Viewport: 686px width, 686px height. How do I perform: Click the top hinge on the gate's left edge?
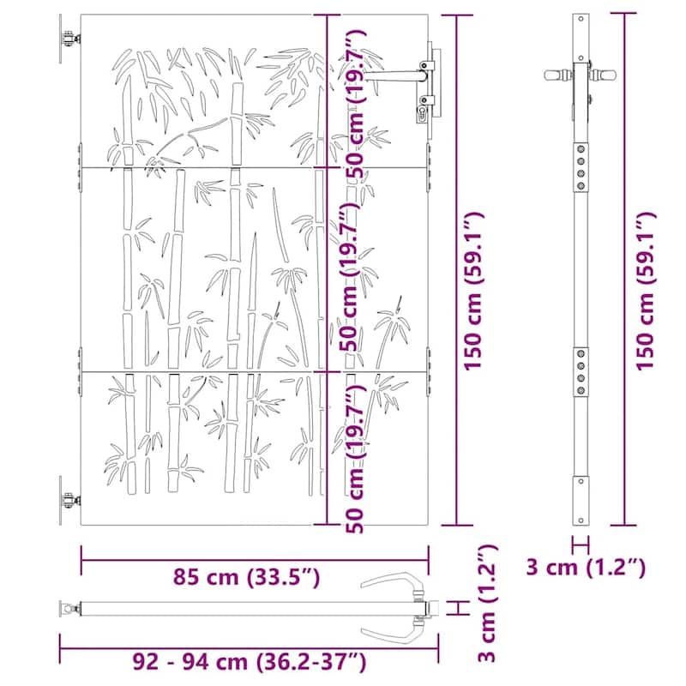(x=68, y=40)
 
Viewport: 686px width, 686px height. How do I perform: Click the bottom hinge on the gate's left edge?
(x=68, y=501)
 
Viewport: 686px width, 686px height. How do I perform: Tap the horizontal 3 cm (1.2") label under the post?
(x=586, y=567)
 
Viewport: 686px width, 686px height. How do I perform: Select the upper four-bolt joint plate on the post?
(x=582, y=162)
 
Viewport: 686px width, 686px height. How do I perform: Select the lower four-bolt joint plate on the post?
(x=582, y=370)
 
